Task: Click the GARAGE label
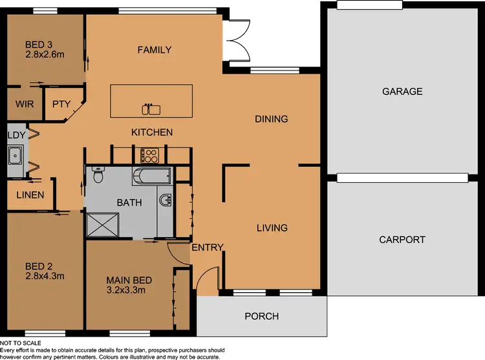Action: [402, 92]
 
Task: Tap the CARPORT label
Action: [402, 240]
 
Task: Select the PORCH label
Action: [262, 316]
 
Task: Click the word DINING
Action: [271, 119]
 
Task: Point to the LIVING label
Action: [272, 228]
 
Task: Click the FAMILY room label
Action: [154, 50]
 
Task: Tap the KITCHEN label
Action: [152, 132]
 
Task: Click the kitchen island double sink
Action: [151, 109]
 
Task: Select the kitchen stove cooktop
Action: [150, 155]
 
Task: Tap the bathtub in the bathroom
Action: [151, 175]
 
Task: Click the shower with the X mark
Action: [101, 224]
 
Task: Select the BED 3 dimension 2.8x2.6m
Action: [45, 55]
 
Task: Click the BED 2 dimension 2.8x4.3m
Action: [45, 277]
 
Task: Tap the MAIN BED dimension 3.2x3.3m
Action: [129, 291]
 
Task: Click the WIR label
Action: [25, 104]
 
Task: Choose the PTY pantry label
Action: [61, 104]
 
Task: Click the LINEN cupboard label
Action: [30, 195]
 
